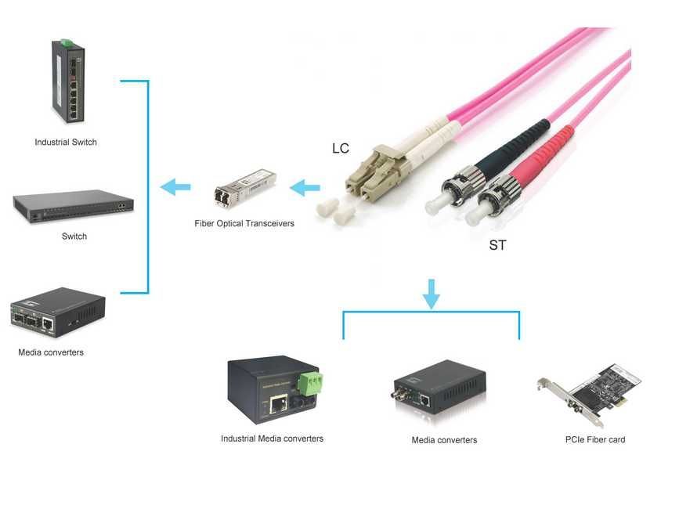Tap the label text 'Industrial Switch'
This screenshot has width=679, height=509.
click(66, 143)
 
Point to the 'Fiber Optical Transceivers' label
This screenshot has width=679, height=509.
click(244, 224)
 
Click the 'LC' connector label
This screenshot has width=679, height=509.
click(341, 149)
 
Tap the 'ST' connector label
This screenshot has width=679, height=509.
click(497, 245)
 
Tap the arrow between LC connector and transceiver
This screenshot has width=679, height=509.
click(305, 187)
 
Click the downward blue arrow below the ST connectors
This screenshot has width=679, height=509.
click(431, 292)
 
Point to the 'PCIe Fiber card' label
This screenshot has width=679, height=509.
click(595, 440)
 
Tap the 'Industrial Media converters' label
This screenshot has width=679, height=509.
click(272, 439)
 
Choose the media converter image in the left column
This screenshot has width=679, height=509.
click(58, 312)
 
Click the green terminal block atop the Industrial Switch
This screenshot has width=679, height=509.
click(68, 41)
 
